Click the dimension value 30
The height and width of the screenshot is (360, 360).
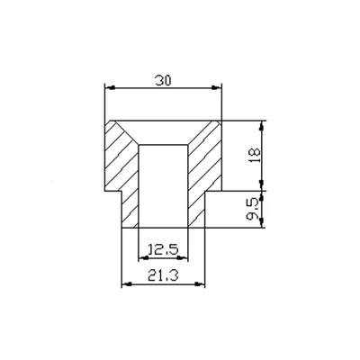coord(163,80)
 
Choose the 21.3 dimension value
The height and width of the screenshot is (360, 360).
coord(163,275)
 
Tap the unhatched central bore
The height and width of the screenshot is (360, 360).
coord(163,184)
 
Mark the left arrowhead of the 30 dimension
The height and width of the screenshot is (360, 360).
coord(110,87)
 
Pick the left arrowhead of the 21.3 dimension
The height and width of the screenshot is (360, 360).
coord(125,284)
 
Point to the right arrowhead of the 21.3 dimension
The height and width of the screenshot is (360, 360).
coord(202,284)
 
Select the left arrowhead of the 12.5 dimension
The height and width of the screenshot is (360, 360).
coord(142,256)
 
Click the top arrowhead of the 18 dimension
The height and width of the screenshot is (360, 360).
coord(263,125)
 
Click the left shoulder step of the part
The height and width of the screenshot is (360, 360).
coord(113,191)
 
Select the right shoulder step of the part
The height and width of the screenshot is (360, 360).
coord(214,191)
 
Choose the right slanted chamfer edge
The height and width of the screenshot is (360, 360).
coord(199,132)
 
